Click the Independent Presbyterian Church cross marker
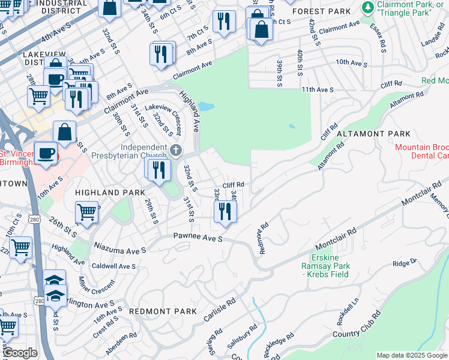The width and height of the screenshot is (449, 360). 176,149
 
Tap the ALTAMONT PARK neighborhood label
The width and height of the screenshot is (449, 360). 374,134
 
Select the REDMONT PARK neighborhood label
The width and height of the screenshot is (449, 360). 163,311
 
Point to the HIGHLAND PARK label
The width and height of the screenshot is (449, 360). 110,193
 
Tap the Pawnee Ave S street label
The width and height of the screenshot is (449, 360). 198,238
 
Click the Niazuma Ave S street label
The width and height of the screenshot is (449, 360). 121,247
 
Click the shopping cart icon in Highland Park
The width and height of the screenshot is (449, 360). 87,212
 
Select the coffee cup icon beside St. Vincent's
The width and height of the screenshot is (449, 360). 46,152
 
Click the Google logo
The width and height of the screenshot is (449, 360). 20,353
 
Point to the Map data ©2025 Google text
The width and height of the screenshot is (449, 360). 411,355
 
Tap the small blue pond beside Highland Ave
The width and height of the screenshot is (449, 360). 205,107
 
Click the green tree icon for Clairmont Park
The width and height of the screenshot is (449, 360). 367,7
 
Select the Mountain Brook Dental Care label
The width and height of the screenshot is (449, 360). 422,151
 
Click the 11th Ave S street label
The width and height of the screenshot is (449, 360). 317,89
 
